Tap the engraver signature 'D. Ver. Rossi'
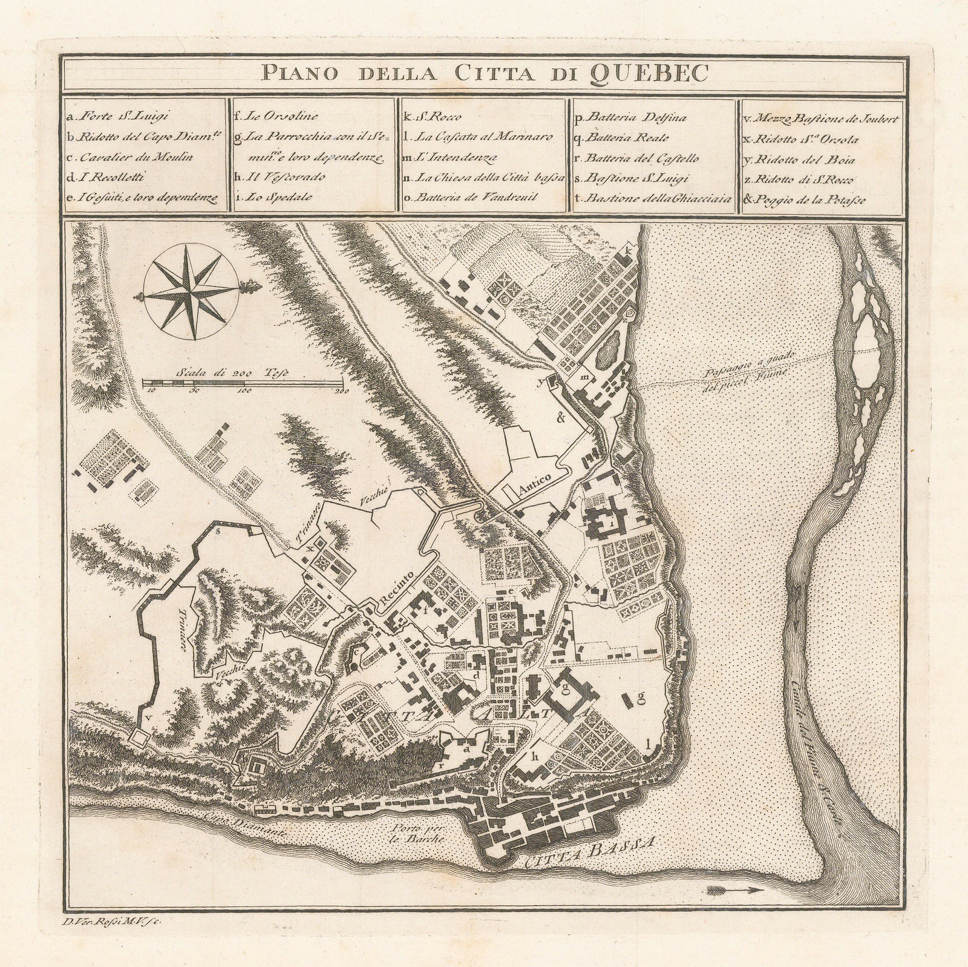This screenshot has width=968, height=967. (x=111, y=922)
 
